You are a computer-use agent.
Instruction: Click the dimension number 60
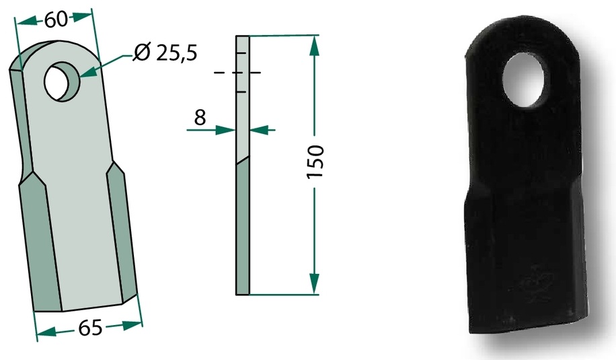pos(56,20)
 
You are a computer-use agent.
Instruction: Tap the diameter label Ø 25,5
pos(165,52)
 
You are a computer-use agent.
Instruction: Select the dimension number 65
pos(90,328)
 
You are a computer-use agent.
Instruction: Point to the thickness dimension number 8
pos(200,118)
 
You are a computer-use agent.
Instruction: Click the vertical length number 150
pos(315,161)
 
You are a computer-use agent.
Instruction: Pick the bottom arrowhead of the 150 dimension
pos(314,284)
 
